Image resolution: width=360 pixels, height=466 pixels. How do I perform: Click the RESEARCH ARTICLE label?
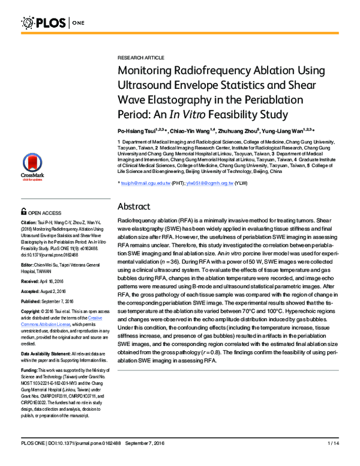[140, 58]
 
